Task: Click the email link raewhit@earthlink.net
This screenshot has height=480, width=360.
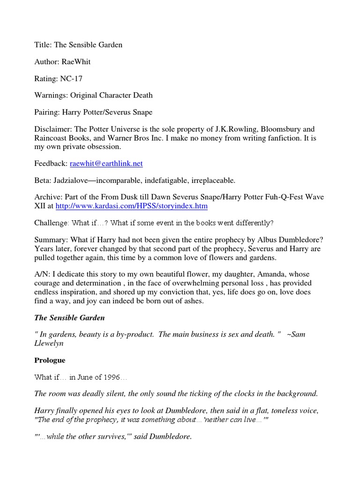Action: point(106,164)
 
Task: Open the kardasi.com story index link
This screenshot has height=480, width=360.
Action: point(131,206)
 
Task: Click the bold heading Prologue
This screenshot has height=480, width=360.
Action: point(50,360)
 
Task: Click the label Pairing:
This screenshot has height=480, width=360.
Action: point(48,112)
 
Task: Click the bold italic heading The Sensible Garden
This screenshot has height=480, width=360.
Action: point(69,318)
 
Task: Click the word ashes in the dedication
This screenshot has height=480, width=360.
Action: point(193,301)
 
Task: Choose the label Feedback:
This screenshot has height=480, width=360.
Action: point(51,164)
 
